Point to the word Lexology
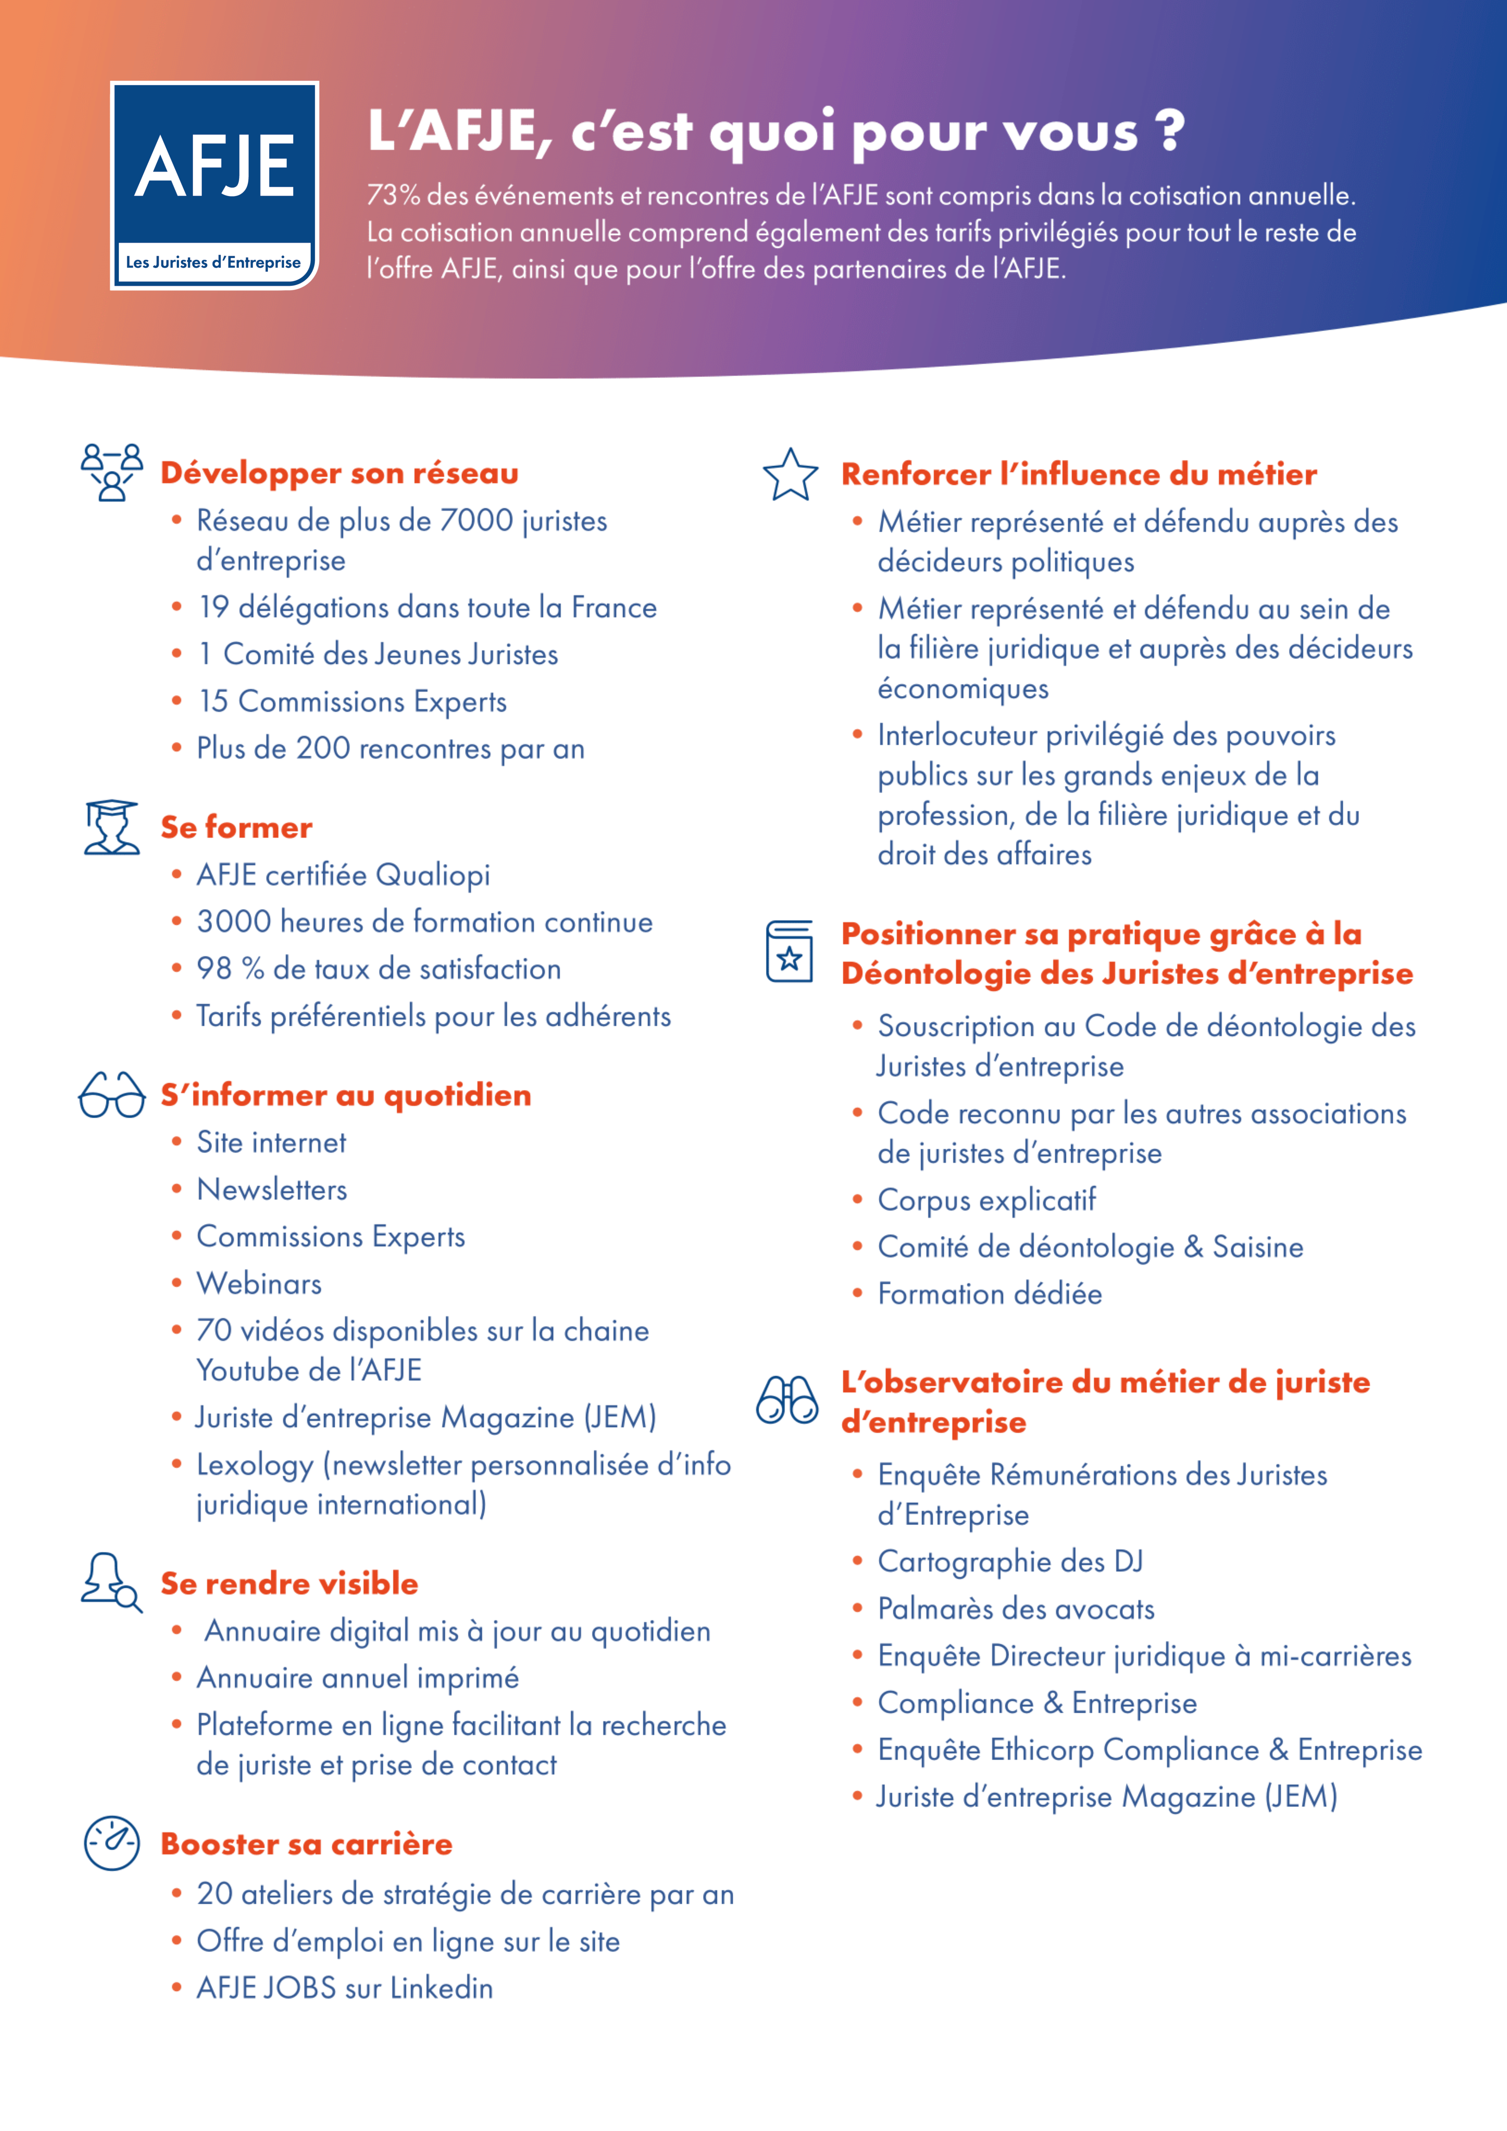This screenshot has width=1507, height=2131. click(254, 1465)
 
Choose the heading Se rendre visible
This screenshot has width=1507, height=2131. click(289, 1583)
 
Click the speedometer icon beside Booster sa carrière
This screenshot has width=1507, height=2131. click(112, 1843)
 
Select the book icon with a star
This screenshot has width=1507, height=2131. click(789, 951)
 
